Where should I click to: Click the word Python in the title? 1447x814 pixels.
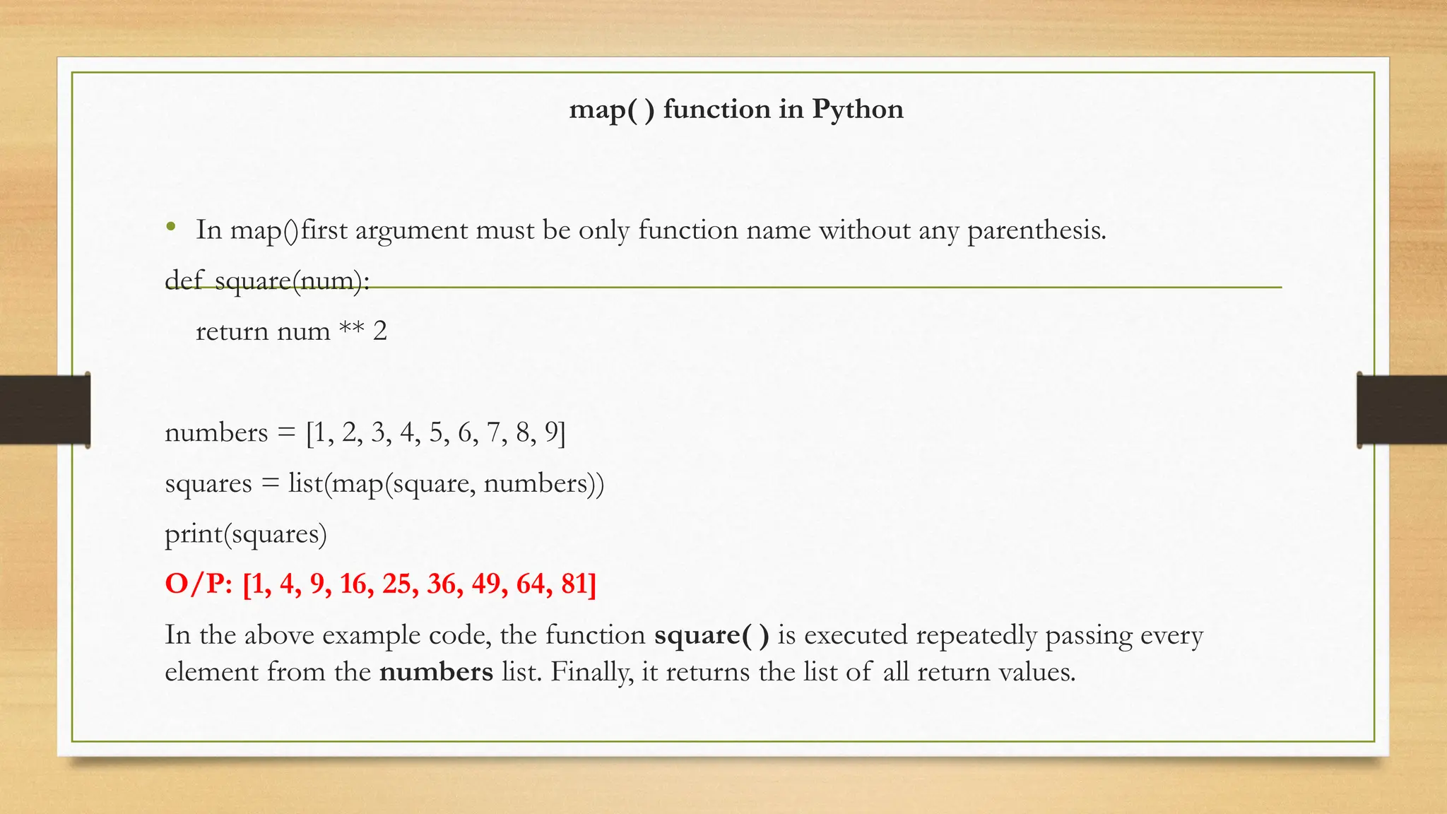pos(857,110)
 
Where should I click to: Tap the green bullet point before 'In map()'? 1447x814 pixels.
pos(170,228)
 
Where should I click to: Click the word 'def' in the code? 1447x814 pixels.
pos(183,281)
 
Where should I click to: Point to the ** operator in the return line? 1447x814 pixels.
pos(351,329)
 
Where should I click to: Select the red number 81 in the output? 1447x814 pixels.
pos(579,584)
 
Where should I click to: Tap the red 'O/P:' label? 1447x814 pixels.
pos(199,584)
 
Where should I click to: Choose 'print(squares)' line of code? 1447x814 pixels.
pos(246,533)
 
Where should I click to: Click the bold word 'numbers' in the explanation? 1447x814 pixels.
pos(436,671)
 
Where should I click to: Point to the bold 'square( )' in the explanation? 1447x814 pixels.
pos(711,635)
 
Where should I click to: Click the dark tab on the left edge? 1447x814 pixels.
pos(45,410)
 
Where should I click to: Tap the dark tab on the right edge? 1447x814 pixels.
pos(1402,410)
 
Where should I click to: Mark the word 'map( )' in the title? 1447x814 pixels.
pos(612,110)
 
